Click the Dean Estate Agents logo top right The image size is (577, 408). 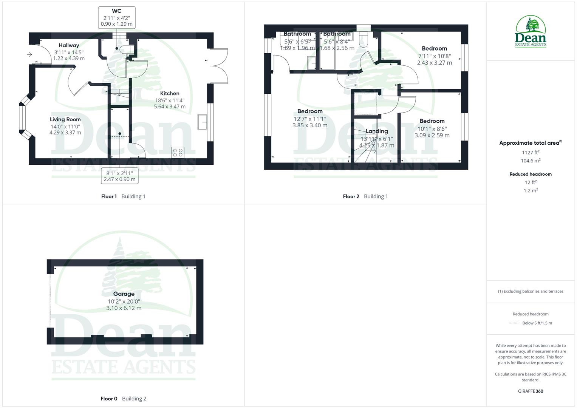[x=531, y=31]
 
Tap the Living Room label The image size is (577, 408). [x=65, y=119]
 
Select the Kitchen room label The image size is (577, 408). [x=170, y=93]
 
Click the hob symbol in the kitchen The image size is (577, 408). [x=177, y=152]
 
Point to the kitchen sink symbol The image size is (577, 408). [x=202, y=122]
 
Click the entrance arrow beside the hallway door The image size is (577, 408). [x=29, y=55]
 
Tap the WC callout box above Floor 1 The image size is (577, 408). [x=116, y=17]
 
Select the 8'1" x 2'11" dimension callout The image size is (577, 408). [x=119, y=176]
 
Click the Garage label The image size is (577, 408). [x=124, y=294]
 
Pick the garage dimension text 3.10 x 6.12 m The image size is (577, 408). [x=124, y=308]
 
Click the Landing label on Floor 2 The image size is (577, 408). [x=376, y=131]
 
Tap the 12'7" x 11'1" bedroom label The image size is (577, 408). [x=310, y=119]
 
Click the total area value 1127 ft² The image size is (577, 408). [x=531, y=153]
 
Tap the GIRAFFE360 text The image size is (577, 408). [x=531, y=391]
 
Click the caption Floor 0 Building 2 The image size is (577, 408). [x=123, y=399]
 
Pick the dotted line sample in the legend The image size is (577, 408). [x=514, y=323]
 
